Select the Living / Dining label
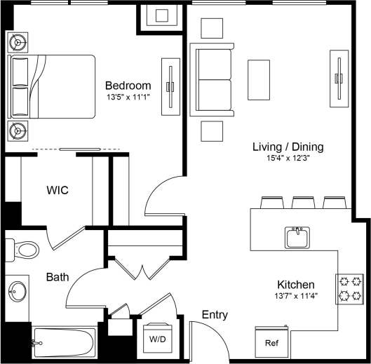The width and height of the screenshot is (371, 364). [x=288, y=147]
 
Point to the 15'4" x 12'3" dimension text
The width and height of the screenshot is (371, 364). [x=288, y=159]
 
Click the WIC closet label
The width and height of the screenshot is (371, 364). [x=58, y=190]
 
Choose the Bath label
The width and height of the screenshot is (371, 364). [x=57, y=277]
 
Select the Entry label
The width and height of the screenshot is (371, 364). [x=215, y=315]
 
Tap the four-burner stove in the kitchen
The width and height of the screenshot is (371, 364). [x=350, y=288]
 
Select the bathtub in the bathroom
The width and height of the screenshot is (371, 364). [x=63, y=343]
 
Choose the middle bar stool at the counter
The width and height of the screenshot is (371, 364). [x=302, y=203]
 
